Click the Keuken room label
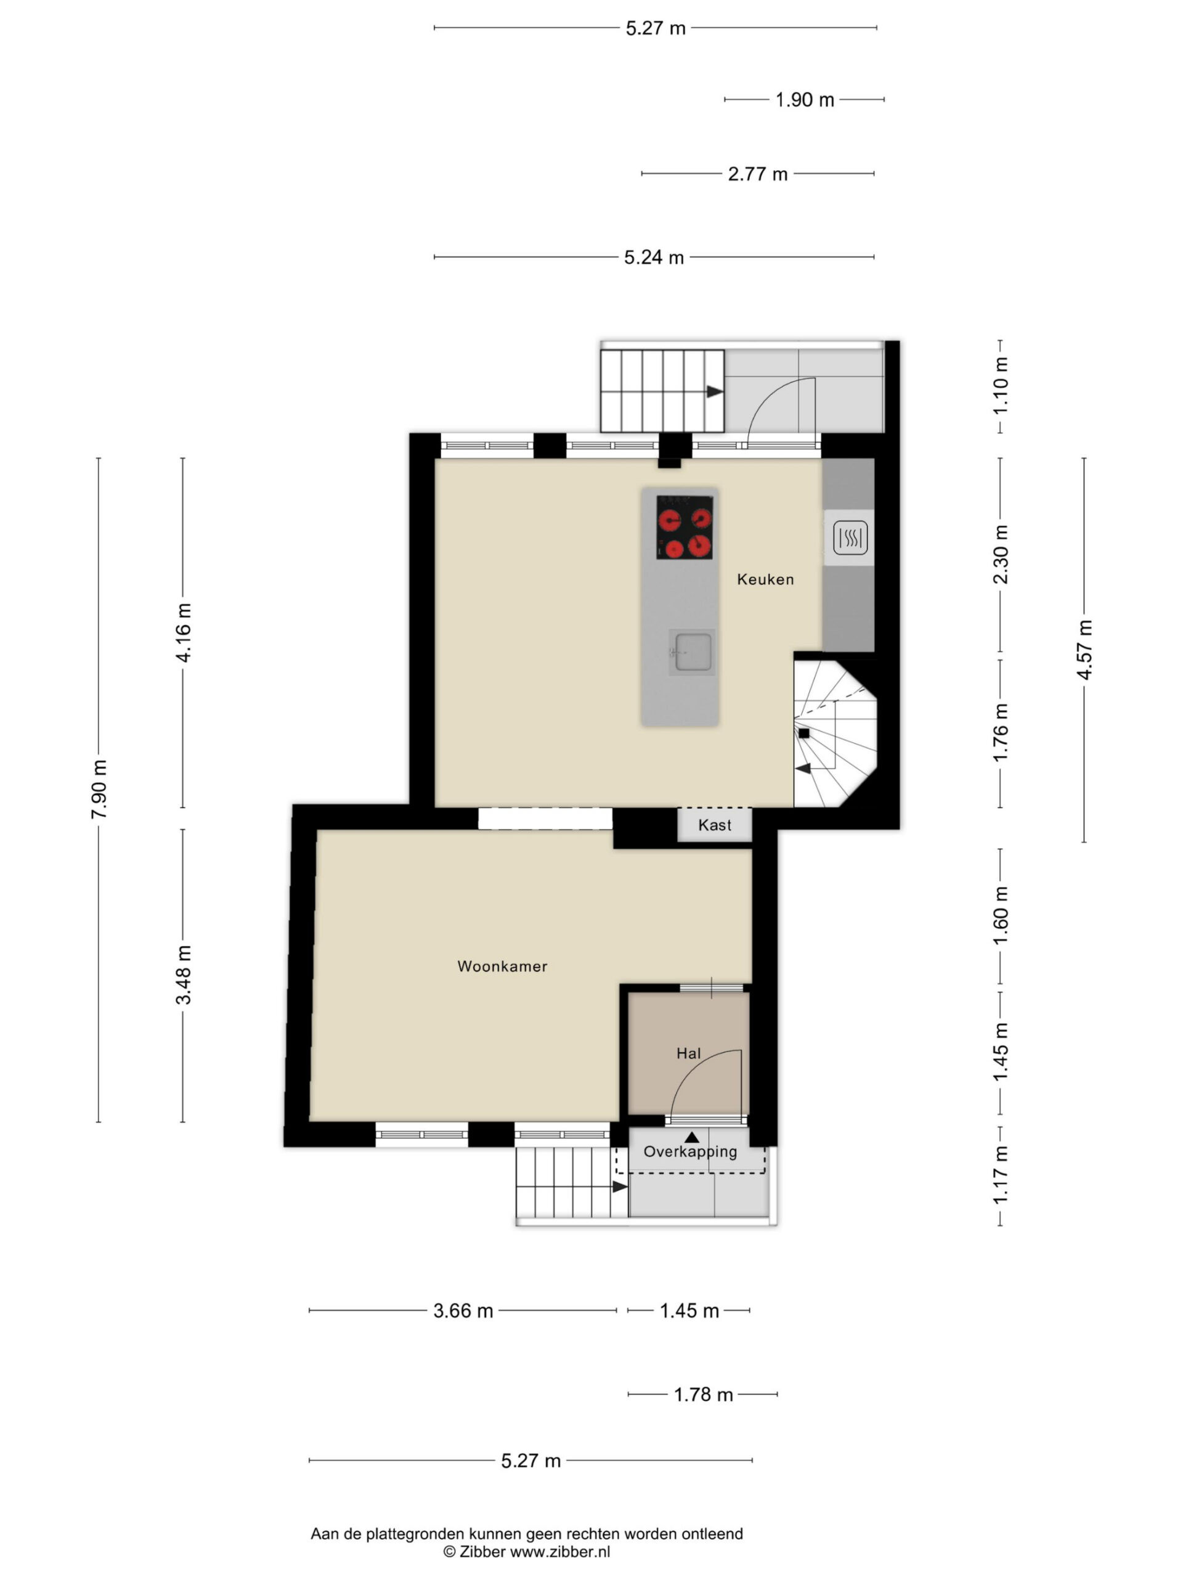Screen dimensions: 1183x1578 click(765, 579)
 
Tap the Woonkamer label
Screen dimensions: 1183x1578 click(502, 967)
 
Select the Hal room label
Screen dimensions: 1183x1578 click(689, 1053)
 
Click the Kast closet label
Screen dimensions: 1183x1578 click(715, 825)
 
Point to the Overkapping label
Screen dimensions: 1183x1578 click(690, 1151)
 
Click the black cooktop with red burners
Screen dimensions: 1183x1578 click(685, 527)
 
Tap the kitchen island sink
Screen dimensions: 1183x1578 click(692, 652)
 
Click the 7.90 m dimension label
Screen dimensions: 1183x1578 click(99, 789)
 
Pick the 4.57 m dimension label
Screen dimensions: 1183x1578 click(1084, 650)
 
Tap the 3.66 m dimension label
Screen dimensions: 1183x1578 click(463, 1311)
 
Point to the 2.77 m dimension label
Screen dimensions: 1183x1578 click(758, 174)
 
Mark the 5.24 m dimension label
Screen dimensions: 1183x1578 click(654, 258)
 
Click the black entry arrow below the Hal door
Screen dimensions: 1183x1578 click(692, 1137)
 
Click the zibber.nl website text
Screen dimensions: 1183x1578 click(559, 1551)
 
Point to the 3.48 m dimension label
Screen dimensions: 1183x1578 click(183, 975)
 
